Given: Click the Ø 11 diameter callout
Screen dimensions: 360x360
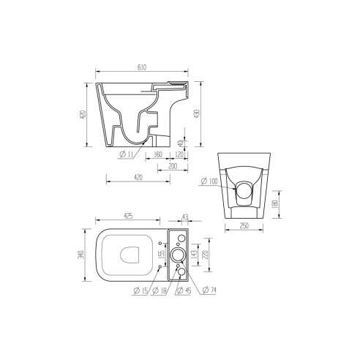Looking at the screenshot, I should click(x=124, y=154).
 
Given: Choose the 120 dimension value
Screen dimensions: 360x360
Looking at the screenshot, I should click(x=180, y=154).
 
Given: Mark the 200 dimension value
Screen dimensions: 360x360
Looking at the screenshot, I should click(x=173, y=166).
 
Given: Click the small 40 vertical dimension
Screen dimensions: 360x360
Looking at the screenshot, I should click(x=181, y=143).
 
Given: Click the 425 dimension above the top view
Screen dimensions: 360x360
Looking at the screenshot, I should click(x=127, y=216).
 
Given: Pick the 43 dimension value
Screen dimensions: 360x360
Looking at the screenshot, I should click(x=184, y=216).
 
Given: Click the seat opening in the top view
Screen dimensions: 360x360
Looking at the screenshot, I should click(x=130, y=255).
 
